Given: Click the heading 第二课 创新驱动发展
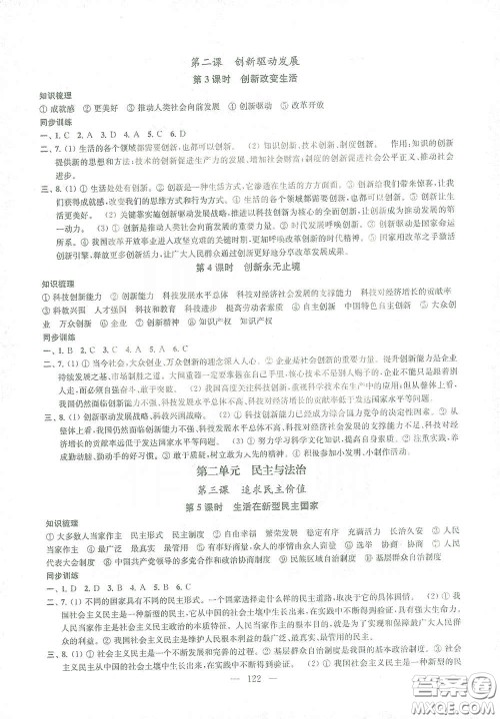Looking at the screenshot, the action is pos(251,60).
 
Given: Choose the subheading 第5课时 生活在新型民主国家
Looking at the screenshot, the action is pos(250,508).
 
